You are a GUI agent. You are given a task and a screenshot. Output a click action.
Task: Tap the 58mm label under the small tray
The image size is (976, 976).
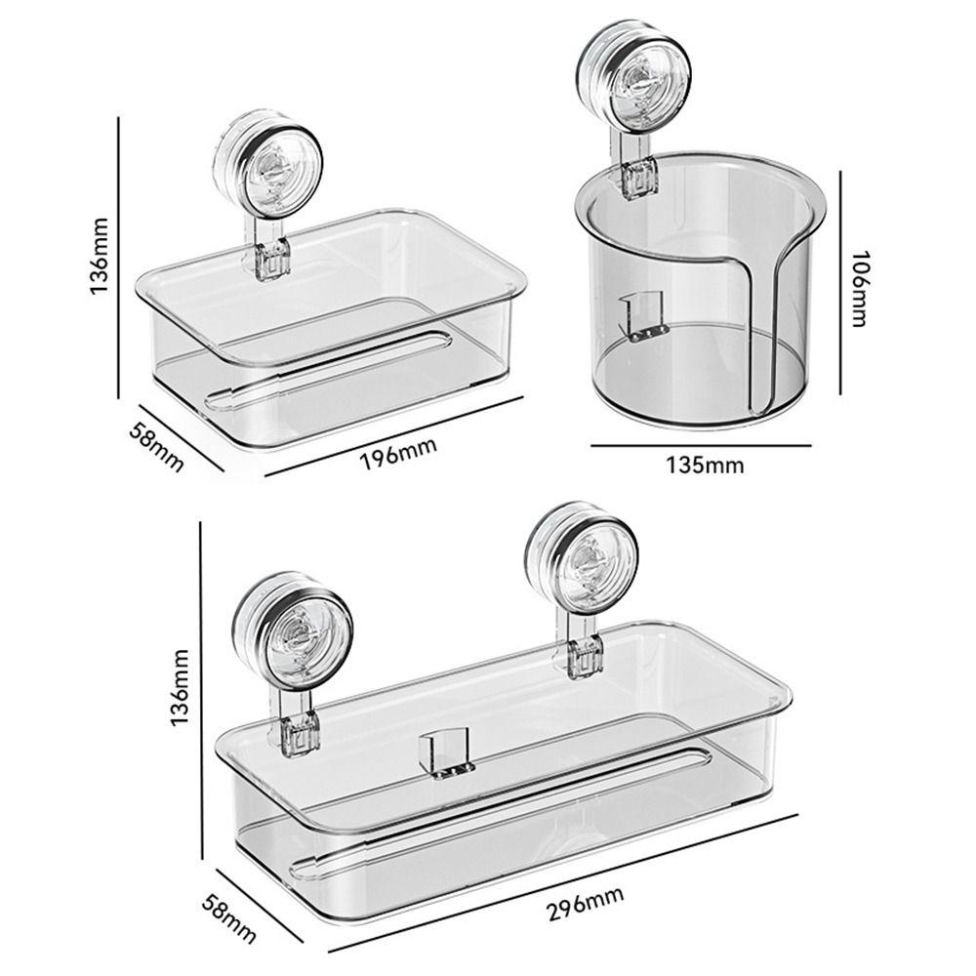point(157,445)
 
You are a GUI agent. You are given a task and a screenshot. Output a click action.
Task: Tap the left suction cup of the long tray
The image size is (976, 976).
point(292,630)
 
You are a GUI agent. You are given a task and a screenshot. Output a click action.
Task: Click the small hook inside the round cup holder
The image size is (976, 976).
point(643,315)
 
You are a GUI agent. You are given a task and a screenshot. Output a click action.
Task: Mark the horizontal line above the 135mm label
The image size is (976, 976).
point(701,445)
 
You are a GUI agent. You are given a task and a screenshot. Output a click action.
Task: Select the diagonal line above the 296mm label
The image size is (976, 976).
point(562,882)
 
